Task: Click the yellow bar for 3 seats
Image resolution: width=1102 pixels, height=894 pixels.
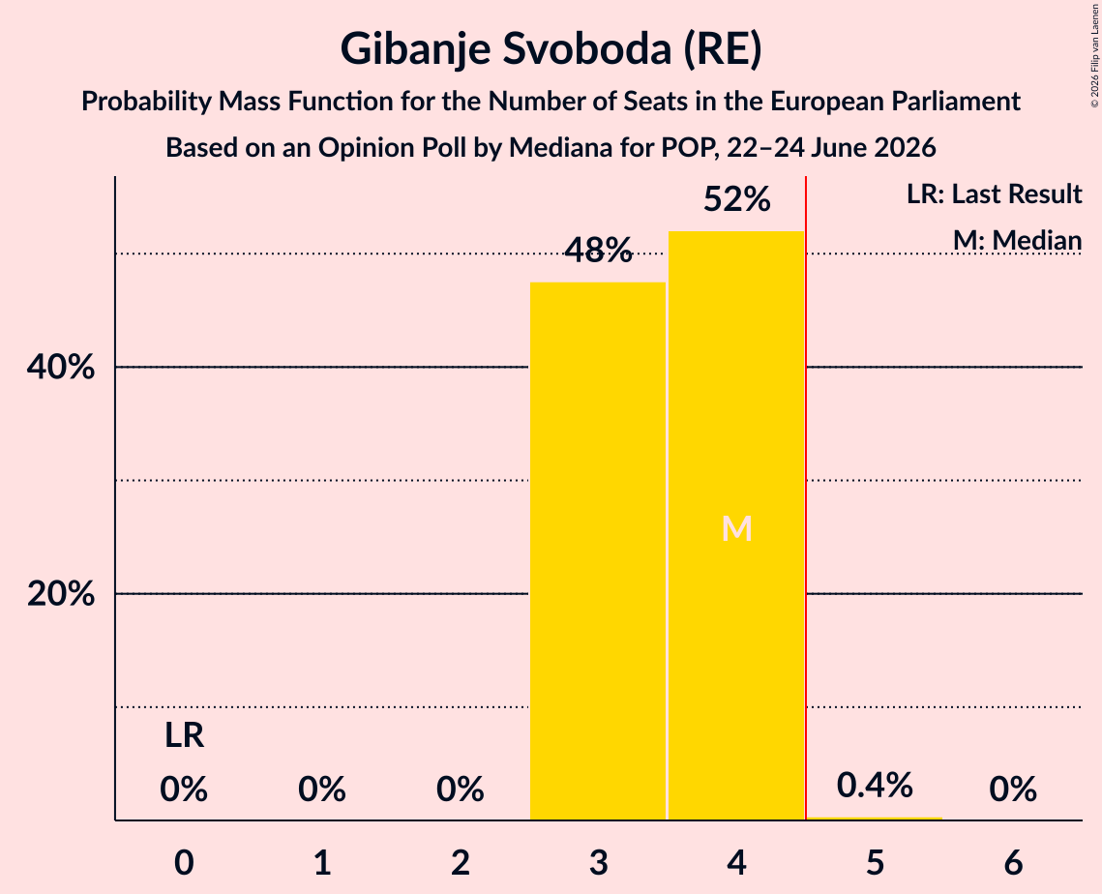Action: click(597, 551)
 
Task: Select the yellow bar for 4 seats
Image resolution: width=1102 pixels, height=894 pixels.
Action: click(736, 525)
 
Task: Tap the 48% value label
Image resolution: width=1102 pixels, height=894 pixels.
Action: click(598, 251)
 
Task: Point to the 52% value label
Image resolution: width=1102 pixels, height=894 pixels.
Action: click(736, 199)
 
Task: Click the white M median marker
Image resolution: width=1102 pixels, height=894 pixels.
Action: click(736, 528)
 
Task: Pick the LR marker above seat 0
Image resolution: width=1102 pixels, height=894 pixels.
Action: click(184, 736)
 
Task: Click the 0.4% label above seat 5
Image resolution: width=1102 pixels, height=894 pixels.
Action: click(875, 785)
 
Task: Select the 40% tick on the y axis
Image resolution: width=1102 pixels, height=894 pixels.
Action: click(60, 367)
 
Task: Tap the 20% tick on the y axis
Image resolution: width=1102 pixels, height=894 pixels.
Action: click(60, 594)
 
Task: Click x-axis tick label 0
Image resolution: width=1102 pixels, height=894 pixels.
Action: click(184, 862)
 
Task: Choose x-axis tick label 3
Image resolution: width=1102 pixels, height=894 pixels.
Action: click(598, 862)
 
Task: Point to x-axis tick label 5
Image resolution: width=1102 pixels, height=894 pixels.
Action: click(875, 862)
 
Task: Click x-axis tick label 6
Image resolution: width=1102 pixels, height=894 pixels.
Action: click(1013, 862)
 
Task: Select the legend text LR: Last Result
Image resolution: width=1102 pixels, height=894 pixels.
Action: click(994, 194)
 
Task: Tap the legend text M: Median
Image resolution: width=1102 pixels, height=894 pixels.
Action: click(1017, 240)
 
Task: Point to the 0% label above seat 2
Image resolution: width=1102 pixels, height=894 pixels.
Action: click(461, 790)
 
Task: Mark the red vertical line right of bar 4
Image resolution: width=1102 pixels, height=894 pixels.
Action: click(805, 497)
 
